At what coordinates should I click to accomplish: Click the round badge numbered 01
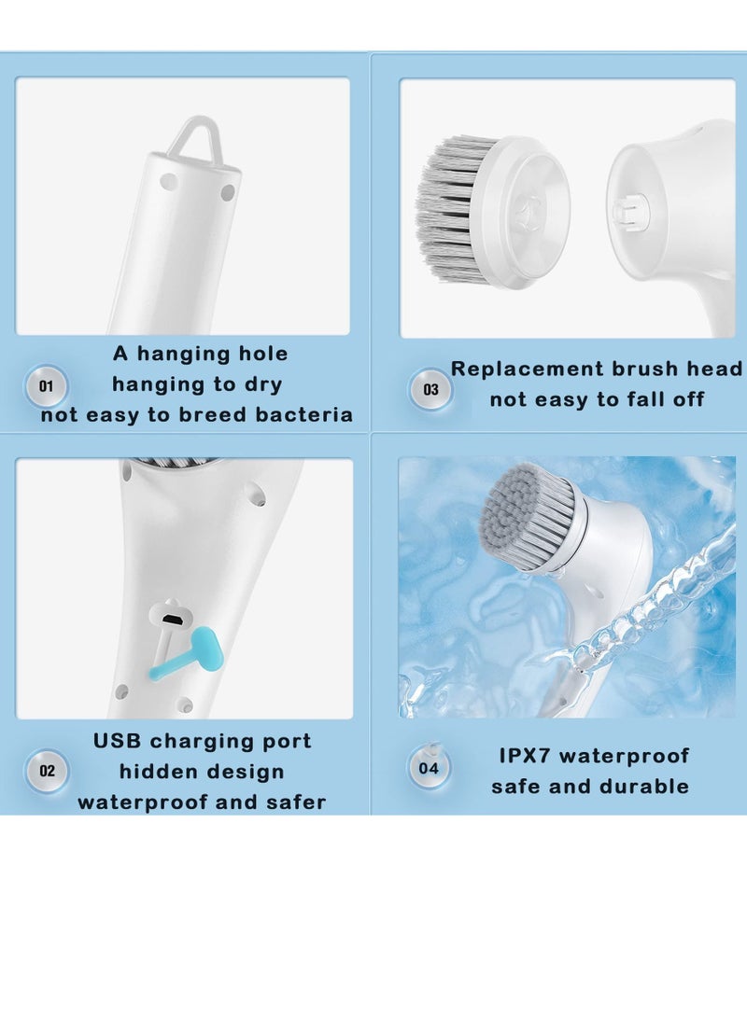click(x=47, y=385)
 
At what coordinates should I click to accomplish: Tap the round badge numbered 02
click(x=47, y=771)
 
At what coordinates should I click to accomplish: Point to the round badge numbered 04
click(x=429, y=768)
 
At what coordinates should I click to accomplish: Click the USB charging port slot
click(x=171, y=619)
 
